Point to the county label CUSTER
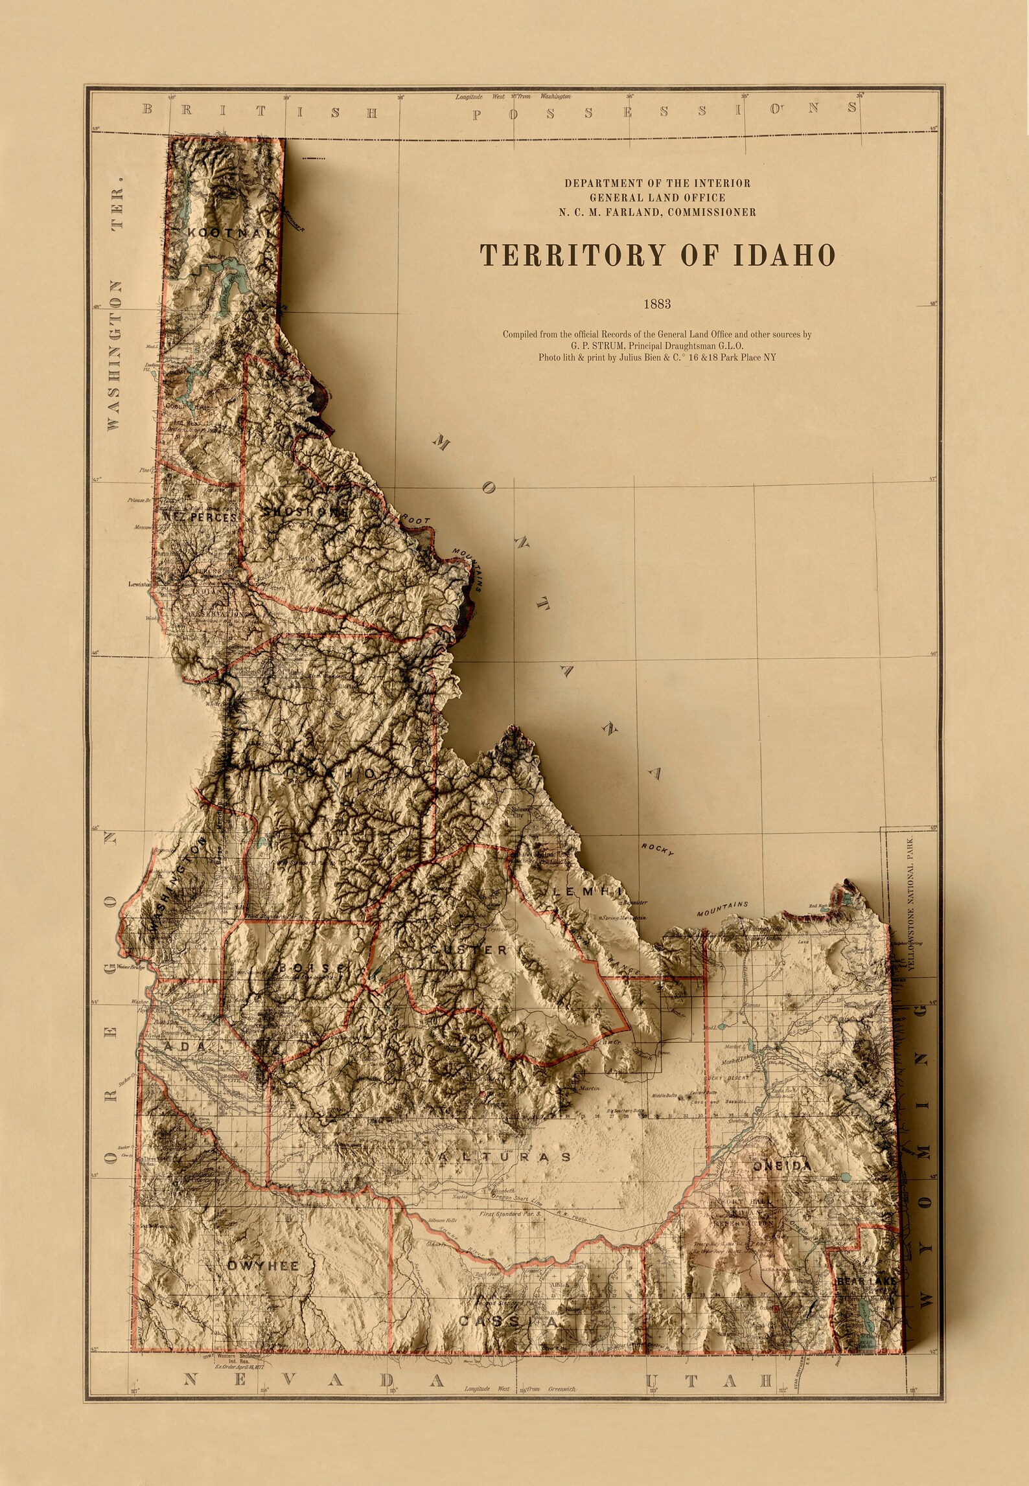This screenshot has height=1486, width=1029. coord(468,950)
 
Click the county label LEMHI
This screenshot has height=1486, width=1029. coord(586,892)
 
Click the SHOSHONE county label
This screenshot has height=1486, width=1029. coord(303,512)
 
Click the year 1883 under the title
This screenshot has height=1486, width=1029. coord(656,304)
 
